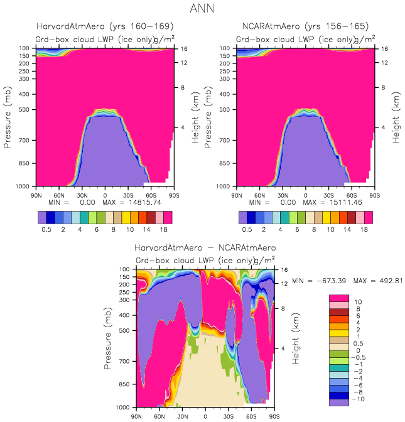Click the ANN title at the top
point(202,9)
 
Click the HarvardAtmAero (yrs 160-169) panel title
point(105,27)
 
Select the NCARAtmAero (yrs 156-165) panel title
point(306,27)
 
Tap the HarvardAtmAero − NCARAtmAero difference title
point(205,249)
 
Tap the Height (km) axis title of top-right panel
point(396,117)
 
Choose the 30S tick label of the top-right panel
point(328,195)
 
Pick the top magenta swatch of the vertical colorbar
point(340,298)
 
